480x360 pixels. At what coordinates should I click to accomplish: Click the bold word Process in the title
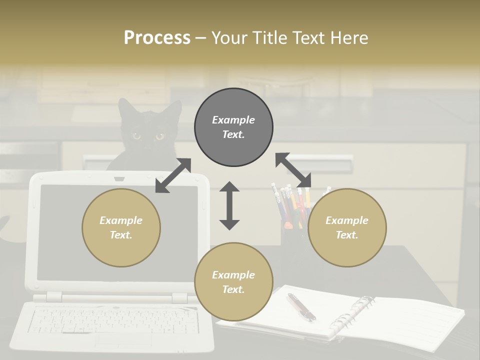pyautogui.click(x=157, y=38)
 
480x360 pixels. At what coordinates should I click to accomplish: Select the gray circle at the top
pyautogui.click(x=233, y=127)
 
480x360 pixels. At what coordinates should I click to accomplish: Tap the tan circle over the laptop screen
pyautogui.click(x=121, y=227)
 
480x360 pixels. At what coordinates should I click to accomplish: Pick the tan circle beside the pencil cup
pyautogui.click(x=347, y=227)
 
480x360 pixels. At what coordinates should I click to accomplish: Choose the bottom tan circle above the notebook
pyautogui.click(x=233, y=282)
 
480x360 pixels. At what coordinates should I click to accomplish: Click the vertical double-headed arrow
pyautogui.click(x=229, y=205)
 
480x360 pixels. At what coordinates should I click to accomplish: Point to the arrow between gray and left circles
pyautogui.click(x=173, y=175)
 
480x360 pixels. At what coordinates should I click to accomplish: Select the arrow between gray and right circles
pyautogui.click(x=293, y=170)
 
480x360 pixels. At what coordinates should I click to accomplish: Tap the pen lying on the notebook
pyautogui.click(x=301, y=306)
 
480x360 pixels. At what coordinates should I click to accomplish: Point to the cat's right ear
pyautogui.click(x=174, y=108)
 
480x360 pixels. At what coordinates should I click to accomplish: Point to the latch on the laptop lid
pyautogui.click(x=119, y=178)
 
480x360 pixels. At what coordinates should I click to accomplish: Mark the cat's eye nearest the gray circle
pyautogui.click(x=159, y=136)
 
